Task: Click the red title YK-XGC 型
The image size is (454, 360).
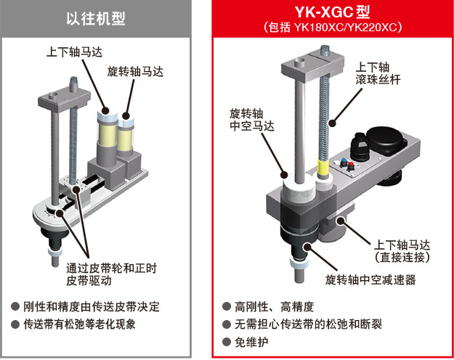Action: [x=332, y=13]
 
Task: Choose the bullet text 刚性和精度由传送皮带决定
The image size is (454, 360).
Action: [x=98, y=306]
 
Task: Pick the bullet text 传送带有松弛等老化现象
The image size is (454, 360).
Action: [x=90, y=324]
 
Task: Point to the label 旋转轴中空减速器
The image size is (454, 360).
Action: [x=370, y=279]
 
